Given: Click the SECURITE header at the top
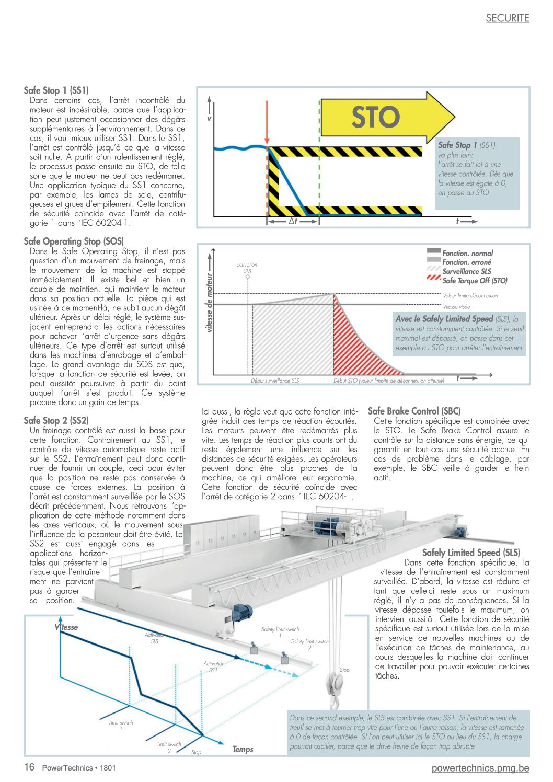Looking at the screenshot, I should (x=507, y=18).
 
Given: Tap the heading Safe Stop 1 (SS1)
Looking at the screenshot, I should (x=56, y=90).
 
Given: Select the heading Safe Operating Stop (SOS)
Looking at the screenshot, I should (x=74, y=241).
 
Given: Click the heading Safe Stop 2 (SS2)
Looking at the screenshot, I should (x=56, y=420).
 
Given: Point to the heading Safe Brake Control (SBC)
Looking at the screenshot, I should (x=414, y=411).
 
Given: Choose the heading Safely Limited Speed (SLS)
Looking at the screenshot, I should (x=471, y=553).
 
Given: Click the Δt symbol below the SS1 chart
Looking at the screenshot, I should (x=293, y=222).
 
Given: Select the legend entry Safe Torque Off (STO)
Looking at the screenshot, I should (x=475, y=281).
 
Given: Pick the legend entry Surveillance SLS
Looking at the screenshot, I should (x=466, y=271).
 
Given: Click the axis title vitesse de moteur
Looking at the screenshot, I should (x=210, y=303).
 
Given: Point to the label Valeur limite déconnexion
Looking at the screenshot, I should (x=470, y=296).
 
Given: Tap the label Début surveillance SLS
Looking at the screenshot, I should (x=275, y=381).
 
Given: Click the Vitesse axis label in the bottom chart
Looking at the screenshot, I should (x=66, y=627).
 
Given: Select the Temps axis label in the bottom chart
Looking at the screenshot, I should (x=243, y=750).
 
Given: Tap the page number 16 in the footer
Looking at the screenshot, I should (x=29, y=767).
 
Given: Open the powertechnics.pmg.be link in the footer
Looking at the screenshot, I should (x=480, y=768).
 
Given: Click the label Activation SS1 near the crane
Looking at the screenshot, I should (x=214, y=667).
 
